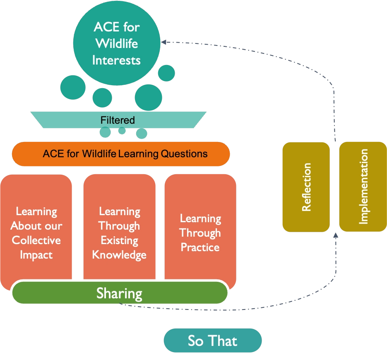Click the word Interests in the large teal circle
pyautogui.click(x=116, y=60)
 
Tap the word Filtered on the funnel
pyautogui.click(x=118, y=120)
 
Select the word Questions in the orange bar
pyautogui.click(x=184, y=154)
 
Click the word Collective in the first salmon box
pyautogui.click(x=36, y=240)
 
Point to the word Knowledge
pyautogui.click(x=119, y=255)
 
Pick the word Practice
pyautogui.click(x=200, y=247)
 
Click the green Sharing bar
pyautogui.click(x=120, y=293)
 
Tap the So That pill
pyautogui.click(x=212, y=341)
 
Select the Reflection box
pyautogui.click(x=306, y=187)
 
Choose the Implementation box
pyautogui.click(x=363, y=187)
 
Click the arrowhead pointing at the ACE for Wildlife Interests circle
pyautogui.click(x=163, y=42)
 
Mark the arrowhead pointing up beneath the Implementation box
pyautogui.click(x=336, y=235)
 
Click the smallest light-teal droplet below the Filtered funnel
pyautogui.click(x=122, y=130)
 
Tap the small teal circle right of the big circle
pyautogui.click(x=166, y=73)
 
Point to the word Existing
pyautogui.click(x=120, y=240)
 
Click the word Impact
pyautogui.click(x=36, y=255)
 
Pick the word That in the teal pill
pyautogui.click(x=224, y=341)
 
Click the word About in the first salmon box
pyautogui.click(x=24, y=226)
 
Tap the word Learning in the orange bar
pyautogui.click(x=139, y=154)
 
